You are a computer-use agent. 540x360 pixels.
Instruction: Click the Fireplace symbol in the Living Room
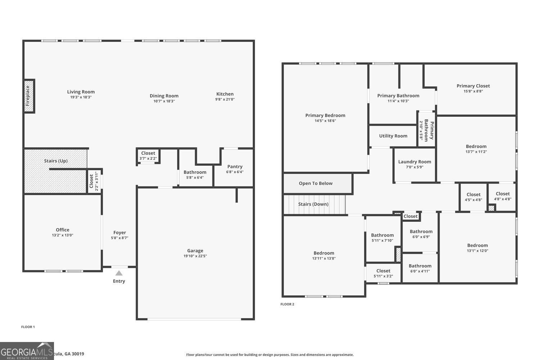(29, 96)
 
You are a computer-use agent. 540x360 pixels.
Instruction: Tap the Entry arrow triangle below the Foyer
(119, 273)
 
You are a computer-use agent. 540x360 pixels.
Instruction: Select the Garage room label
(195, 251)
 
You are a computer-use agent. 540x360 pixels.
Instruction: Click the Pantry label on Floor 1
(235, 166)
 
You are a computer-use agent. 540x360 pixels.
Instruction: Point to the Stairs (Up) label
(56, 161)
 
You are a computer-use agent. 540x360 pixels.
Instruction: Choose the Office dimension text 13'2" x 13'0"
(63, 235)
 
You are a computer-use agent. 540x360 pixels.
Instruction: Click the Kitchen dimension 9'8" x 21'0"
(225, 99)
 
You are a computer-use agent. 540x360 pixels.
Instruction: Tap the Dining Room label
(164, 96)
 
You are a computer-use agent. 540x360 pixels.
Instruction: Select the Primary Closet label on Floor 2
(473, 86)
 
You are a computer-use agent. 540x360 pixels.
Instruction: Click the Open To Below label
(316, 183)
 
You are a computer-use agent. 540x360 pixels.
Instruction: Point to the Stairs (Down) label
(313, 204)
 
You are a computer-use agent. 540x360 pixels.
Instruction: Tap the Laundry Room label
(414, 162)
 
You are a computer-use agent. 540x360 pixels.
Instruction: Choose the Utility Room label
(393, 136)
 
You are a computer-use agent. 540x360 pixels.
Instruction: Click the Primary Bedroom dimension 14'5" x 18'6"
(325, 121)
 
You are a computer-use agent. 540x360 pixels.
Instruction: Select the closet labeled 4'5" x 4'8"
(473, 197)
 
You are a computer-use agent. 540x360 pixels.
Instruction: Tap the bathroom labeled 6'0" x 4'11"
(420, 269)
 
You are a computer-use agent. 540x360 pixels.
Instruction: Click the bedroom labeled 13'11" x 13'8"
(324, 256)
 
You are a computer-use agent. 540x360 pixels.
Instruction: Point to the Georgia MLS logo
(27, 351)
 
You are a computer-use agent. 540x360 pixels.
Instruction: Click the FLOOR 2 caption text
(287, 304)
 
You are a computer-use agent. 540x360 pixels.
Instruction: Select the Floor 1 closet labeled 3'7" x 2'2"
(148, 156)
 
